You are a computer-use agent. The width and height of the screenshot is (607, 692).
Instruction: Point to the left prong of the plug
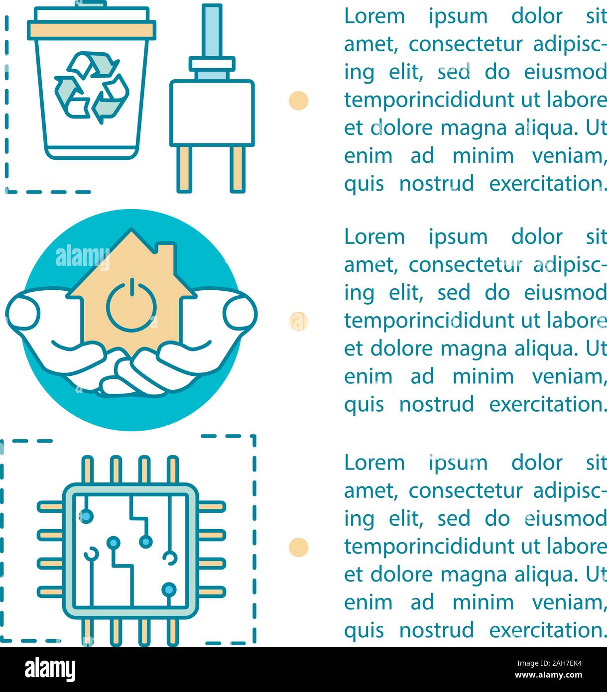pyautogui.click(x=184, y=169)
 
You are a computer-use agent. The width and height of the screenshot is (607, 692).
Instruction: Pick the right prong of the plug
pyautogui.click(x=238, y=169)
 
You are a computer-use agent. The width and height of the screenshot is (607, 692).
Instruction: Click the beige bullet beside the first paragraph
pyautogui.click(x=298, y=100)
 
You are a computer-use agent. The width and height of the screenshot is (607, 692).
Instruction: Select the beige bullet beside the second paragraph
pyautogui.click(x=298, y=321)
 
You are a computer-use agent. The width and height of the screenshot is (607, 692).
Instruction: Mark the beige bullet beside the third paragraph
pyautogui.click(x=298, y=547)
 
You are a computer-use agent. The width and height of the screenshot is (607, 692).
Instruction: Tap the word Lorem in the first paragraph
pyautogui.click(x=374, y=16)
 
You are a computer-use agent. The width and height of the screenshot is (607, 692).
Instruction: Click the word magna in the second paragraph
pyautogui.click(x=465, y=348)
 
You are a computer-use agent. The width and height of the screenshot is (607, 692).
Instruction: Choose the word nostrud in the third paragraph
pyautogui.click(x=436, y=630)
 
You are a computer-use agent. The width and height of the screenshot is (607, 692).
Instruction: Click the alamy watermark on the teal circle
pyautogui.click(x=83, y=257)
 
